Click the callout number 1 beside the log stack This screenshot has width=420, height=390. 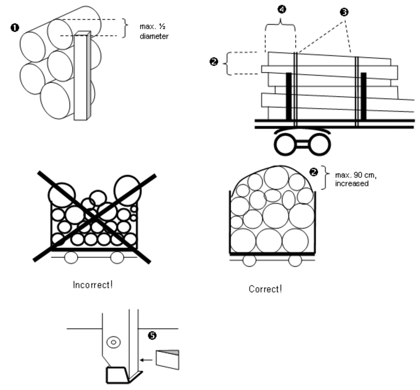coord(15,28)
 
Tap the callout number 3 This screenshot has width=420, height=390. coord(344,12)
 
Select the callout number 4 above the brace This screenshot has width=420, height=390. coord(282,9)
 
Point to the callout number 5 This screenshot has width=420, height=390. coord(152,335)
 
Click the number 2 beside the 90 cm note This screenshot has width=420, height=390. coord(314,172)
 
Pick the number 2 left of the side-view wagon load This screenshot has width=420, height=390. coord(214,62)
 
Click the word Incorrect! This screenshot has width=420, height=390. coord(93,285)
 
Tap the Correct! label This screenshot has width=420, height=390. coord(265,289)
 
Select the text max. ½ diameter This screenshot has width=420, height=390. coord(154,31)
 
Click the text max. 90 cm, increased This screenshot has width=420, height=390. coord(356,179)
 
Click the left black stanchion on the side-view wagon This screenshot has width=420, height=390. coord(289,96)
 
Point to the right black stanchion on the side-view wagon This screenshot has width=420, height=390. coord(363,96)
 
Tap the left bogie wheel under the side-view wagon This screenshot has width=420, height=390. coord(285,144)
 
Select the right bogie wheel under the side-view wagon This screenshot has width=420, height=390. coord(320,144)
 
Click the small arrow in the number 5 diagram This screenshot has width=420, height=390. coord(146,360)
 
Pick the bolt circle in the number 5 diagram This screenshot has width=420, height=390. coord(114,342)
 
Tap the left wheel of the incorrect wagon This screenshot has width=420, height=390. coord(71,258)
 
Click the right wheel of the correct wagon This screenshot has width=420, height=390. coord(295,260)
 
